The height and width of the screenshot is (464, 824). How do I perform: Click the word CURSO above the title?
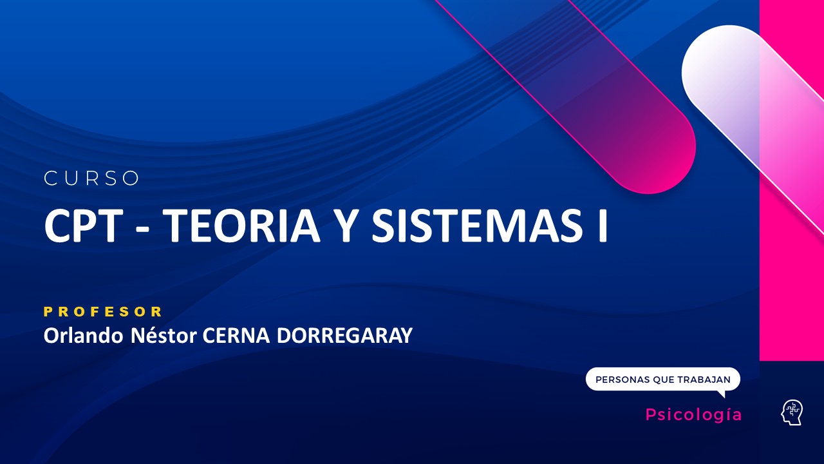[x=91, y=179]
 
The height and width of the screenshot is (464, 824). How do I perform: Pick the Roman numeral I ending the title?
[x=602, y=226]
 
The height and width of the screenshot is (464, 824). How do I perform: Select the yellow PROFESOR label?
[x=103, y=312]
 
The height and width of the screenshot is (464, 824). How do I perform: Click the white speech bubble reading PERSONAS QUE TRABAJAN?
[x=662, y=379]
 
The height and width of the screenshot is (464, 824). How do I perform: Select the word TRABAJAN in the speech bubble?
[x=704, y=380]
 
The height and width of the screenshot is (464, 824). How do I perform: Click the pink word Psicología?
[x=693, y=415]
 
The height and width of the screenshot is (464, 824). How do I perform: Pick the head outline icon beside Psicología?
[x=792, y=412]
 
